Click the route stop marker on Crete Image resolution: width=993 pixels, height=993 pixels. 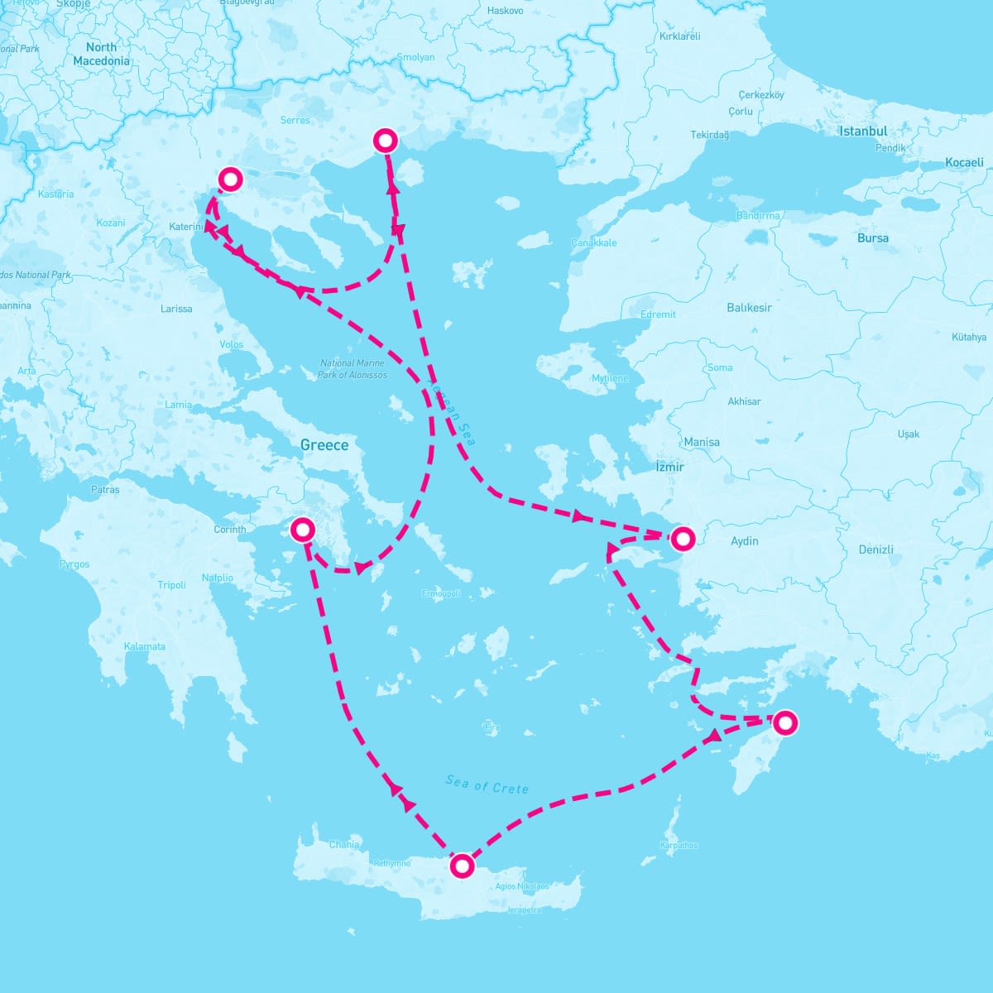(x=463, y=866)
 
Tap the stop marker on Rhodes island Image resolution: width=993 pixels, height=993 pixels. (x=784, y=722)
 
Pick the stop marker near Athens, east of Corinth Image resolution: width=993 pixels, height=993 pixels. (x=303, y=529)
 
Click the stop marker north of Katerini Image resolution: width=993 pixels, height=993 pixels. (x=229, y=179)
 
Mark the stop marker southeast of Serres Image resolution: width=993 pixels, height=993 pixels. (x=385, y=140)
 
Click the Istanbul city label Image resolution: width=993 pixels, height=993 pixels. (x=863, y=131)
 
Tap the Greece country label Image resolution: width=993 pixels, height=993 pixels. (x=324, y=445)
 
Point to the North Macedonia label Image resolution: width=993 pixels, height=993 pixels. (x=101, y=54)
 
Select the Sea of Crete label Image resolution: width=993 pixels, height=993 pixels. (x=487, y=784)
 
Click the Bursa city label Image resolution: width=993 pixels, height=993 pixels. (x=873, y=237)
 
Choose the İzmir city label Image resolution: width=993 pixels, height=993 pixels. (x=669, y=467)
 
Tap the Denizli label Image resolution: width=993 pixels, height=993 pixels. (x=875, y=549)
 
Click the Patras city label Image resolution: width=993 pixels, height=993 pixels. (x=105, y=490)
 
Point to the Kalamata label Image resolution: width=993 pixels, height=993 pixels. (x=145, y=646)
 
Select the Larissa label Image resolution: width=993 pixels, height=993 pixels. (x=176, y=309)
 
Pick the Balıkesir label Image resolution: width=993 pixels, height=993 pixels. (x=749, y=307)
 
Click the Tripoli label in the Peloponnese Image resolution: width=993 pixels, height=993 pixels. (x=172, y=585)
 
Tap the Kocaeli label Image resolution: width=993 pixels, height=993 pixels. (x=964, y=162)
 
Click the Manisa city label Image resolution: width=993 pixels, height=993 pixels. (x=702, y=442)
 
